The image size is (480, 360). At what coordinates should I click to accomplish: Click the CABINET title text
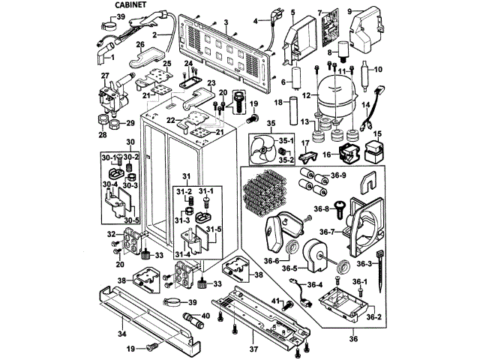pyautogui.click(x=131, y=5)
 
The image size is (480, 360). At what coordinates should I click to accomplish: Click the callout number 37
pyautogui.click(x=254, y=350)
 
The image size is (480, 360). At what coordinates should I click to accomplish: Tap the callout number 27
pyautogui.click(x=106, y=76)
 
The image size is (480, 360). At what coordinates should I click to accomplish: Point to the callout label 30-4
pyautogui.click(x=109, y=184)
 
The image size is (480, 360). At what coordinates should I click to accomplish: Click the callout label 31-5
pyautogui.click(x=214, y=229)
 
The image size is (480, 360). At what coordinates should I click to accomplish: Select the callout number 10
pyautogui.click(x=379, y=70)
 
